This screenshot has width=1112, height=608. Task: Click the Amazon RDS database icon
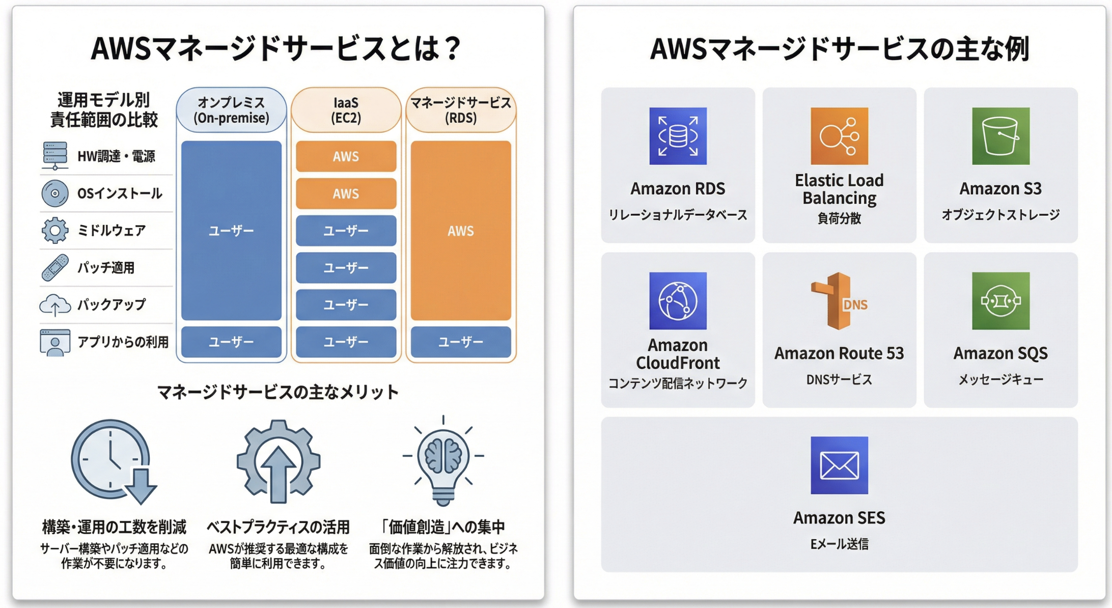(678, 136)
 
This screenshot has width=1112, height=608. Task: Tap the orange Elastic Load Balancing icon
(839, 136)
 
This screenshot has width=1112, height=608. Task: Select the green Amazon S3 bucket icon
(1000, 136)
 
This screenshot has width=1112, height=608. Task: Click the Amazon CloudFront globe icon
(678, 301)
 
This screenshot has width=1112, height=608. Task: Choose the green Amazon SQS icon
(1000, 301)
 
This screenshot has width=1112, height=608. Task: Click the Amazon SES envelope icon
(839, 465)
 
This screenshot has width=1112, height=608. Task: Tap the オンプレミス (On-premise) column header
(231, 110)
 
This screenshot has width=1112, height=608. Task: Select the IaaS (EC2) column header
(346, 110)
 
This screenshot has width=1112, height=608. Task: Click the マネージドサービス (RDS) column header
(461, 110)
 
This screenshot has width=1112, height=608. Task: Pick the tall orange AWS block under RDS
(461, 231)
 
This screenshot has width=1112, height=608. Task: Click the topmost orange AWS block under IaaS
(346, 156)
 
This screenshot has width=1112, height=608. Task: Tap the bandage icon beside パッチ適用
(55, 267)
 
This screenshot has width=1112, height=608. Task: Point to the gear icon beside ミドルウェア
(55, 230)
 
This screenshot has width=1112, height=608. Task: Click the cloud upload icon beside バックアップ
(55, 305)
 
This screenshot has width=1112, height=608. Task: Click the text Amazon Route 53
(839, 353)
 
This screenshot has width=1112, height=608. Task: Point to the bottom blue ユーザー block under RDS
(461, 342)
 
